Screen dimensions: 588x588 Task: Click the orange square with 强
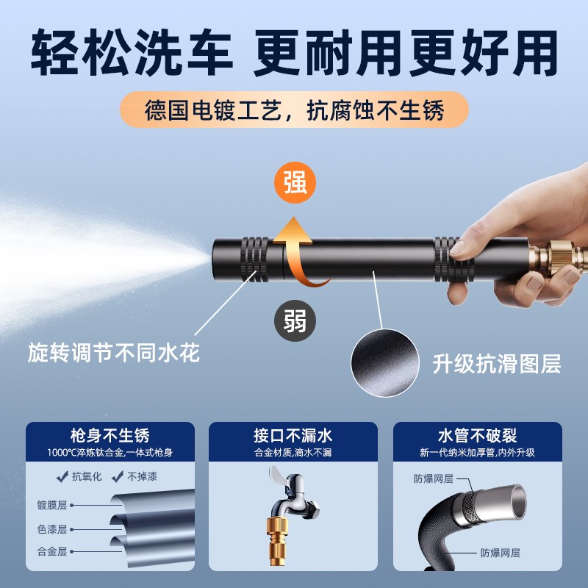(x=295, y=182)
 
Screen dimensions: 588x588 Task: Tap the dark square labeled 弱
(x=295, y=320)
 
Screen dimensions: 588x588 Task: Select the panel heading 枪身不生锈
(x=110, y=434)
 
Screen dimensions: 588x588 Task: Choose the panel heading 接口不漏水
(x=293, y=434)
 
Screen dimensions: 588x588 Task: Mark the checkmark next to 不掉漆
(x=115, y=476)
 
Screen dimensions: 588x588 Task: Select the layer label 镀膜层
(x=52, y=505)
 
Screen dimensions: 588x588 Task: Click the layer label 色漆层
(x=52, y=528)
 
